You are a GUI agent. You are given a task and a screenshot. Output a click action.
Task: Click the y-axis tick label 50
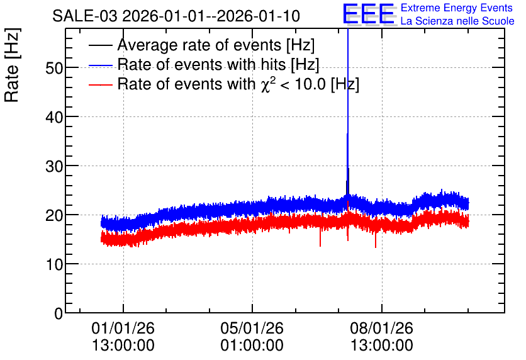pyautogui.click(x=54, y=68)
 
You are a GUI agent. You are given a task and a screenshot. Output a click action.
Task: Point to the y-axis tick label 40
pyautogui.click(x=54, y=118)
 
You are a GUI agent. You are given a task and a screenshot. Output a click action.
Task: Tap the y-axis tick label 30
pyautogui.click(x=54, y=166)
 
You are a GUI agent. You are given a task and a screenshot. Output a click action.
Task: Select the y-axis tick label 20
pyautogui.click(x=54, y=215)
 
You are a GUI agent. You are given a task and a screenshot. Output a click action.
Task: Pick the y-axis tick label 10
pyautogui.click(x=54, y=265)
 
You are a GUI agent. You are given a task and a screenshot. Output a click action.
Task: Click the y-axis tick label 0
pyautogui.click(x=59, y=313)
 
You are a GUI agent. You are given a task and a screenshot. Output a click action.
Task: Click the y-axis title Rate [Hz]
pyautogui.click(x=12, y=65)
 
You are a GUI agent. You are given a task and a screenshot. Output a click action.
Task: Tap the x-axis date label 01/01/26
pyautogui.click(x=123, y=328)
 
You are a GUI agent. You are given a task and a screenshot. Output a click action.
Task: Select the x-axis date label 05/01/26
pyautogui.click(x=252, y=328)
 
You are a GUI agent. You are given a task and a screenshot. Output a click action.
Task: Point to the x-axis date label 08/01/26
pyautogui.click(x=382, y=328)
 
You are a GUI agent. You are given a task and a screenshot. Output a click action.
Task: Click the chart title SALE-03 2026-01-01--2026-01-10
pyautogui.click(x=176, y=16)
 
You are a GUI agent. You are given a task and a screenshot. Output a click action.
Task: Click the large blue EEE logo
pyautogui.click(x=369, y=14)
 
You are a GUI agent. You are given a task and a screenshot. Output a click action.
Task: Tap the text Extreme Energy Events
pyautogui.click(x=457, y=8)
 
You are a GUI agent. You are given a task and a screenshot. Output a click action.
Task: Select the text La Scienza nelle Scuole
pyautogui.click(x=457, y=21)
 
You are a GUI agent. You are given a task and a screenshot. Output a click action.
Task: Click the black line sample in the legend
pyautogui.click(x=101, y=45)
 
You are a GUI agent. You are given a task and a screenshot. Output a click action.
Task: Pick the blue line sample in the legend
pyautogui.click(x=101, y=65)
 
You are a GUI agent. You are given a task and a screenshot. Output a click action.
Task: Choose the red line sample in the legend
pyautogui.click(x=101, y=84)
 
